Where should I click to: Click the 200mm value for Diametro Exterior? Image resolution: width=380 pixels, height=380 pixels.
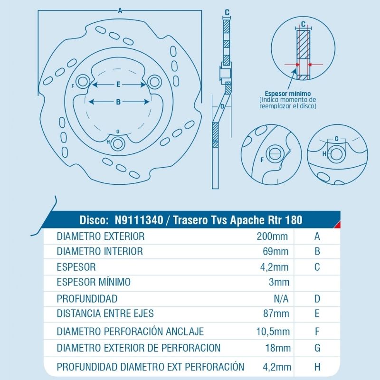[272, 236]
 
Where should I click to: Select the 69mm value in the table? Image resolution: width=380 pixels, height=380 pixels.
[275, 252]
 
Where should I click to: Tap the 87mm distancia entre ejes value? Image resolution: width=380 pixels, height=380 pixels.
[276, 313]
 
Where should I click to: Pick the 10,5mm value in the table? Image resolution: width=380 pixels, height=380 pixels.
[273, 331]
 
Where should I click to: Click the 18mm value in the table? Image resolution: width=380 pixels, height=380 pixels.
[278, 348]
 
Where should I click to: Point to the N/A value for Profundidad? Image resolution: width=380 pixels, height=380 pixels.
[281, 299]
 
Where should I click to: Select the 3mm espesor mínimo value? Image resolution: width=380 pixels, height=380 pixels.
[279, 282]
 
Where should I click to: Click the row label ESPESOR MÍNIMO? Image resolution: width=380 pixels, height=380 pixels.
[94, 282]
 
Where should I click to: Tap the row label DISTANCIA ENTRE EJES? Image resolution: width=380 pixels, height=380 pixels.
[105, 313]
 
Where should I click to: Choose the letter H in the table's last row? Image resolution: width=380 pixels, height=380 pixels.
[317, 367]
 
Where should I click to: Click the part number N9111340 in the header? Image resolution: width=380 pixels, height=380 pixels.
[139, 220]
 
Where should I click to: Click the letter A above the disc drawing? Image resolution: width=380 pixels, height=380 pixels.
[120, 10]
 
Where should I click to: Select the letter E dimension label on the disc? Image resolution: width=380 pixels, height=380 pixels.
[118, 85]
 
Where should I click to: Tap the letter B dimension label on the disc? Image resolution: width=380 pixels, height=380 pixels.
[118, 102]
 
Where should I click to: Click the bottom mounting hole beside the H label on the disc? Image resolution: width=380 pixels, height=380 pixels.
[118, 144]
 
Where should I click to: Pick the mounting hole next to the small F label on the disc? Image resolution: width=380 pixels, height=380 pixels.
[83, 82]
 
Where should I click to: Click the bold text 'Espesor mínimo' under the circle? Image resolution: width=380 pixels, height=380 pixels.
[287, 94]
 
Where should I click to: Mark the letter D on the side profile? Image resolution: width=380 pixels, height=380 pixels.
[222, 106]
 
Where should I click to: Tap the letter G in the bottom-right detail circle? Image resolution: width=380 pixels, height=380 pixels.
[336, 139]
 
